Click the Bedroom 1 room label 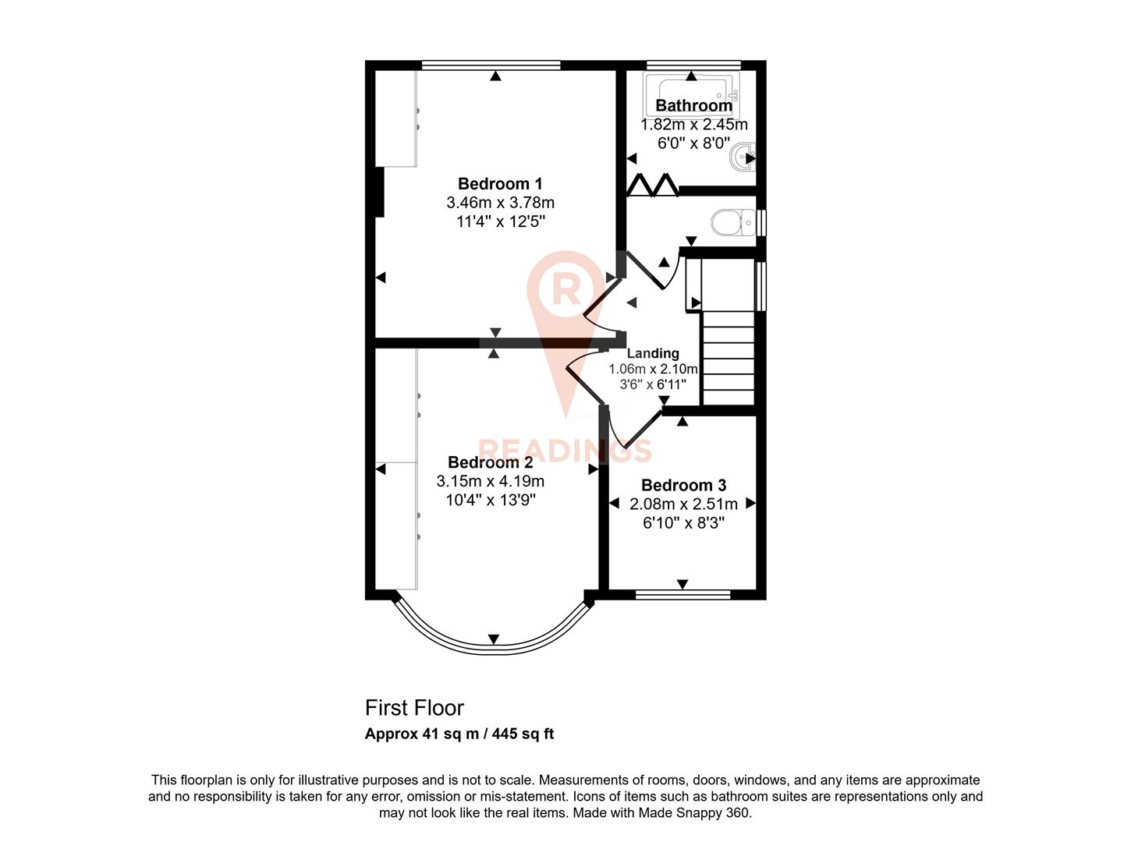[500, 184]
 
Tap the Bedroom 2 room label [490, 462]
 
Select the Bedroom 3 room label [683, 485]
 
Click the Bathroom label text [693, 105]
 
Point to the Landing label [653, 353]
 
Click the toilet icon [732, 222]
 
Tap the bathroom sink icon [742, 158]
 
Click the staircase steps [729, 359]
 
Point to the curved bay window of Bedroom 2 [493, 646]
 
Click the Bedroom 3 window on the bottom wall [682, 595]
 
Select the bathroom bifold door [653, 186]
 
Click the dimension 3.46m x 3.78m [500, 203]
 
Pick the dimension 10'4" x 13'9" [490, 500]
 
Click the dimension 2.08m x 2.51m [683, 504]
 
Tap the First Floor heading [414, 708]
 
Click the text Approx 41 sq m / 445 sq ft [459, 734]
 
